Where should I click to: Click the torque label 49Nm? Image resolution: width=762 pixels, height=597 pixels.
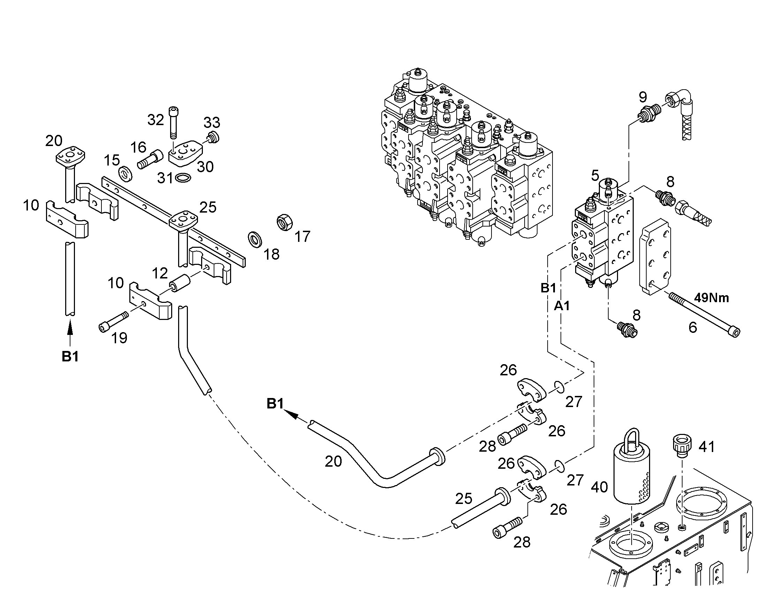711,298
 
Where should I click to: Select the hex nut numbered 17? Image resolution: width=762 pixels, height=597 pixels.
284,222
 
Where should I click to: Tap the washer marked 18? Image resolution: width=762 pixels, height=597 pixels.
256,239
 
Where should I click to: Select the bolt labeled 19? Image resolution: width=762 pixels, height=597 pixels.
114,322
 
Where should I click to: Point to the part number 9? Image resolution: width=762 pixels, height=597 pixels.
642,97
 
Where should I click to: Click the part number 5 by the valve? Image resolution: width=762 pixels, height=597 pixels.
595,175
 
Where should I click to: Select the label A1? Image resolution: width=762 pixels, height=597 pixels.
562,306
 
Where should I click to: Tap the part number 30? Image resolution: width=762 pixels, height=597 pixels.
206,167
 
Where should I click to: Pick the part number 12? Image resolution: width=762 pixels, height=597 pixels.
160,273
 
